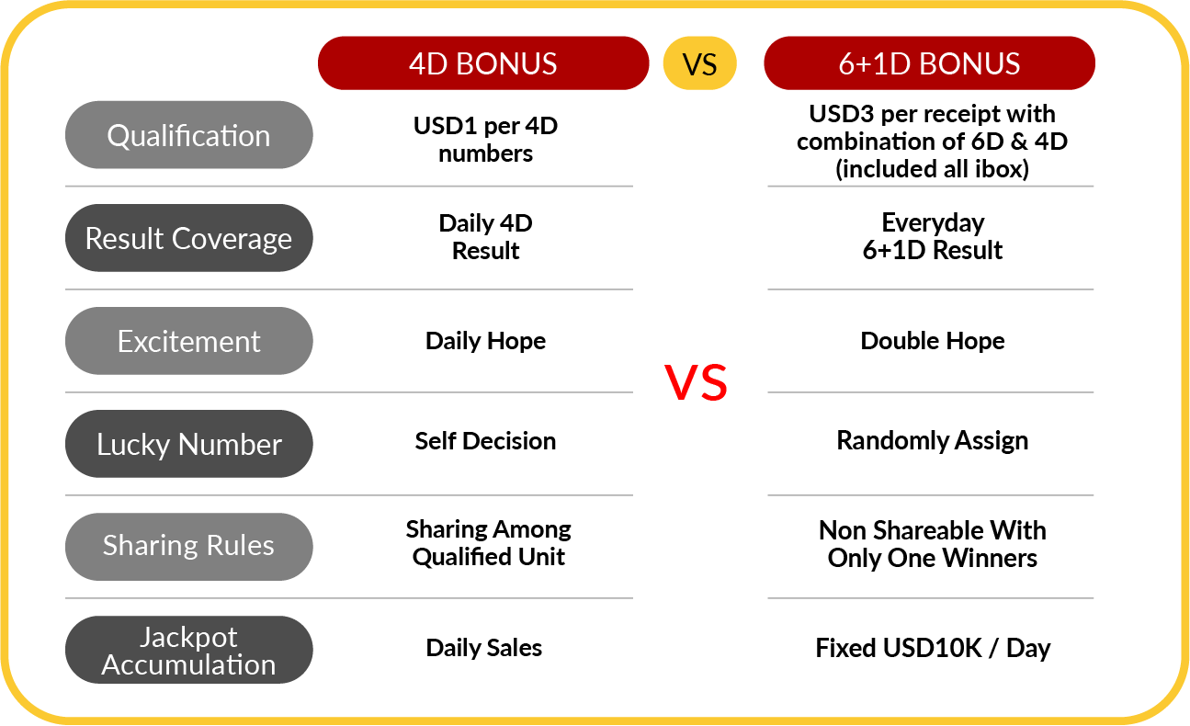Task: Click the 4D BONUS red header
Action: pyautogui.click(x=483, y=63)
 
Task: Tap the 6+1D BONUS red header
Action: pyautogui.click(x=929, y=63)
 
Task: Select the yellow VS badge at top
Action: pyautogui.click(x=699, y=63)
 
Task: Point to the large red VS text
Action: pyautogui.click(x=696, y=382)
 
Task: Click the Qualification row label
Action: pyautogui.click(x=189, y=135)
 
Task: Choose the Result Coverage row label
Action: pyautogui.click(x=189, y=238)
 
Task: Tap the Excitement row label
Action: pyautogui.click(x=189, y=341)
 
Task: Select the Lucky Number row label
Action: pyautogui.click(x=189, y=444)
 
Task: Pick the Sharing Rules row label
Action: pyautogui.click(x=189, y=547)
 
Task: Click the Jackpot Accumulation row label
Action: pyautogui.click(x=189, y=650)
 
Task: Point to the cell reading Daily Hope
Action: pyautogui.click(x=485, y=341)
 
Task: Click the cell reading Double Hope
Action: pyautogui.click(x=933, y=341)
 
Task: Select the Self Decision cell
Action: pyautogui.click(x=485, y=440)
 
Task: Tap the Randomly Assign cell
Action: pyautogui.click(x=933, y=440)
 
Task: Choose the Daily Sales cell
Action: pyautogui.click(x=484, y=647)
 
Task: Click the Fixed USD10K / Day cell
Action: pyautogui.click(x=933, y=648)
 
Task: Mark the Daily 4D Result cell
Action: pyautogui.click(x=485, y=236)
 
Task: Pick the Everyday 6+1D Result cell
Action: pyautogui.click(x=933, y=236)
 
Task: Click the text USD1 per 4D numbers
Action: pyautogui.click(x=485, y=140)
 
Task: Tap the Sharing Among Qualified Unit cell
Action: pyautogui.click(x=488, y=543)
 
